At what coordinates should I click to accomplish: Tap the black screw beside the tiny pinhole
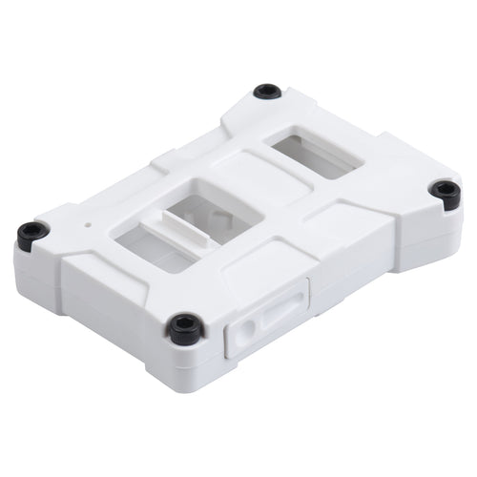click(x=32, y=232)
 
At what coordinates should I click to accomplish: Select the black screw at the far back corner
click(x=268, y=92)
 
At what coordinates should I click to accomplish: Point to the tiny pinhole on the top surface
click(x=89, y=226)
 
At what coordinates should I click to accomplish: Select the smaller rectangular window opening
click(x=315, y=156)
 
